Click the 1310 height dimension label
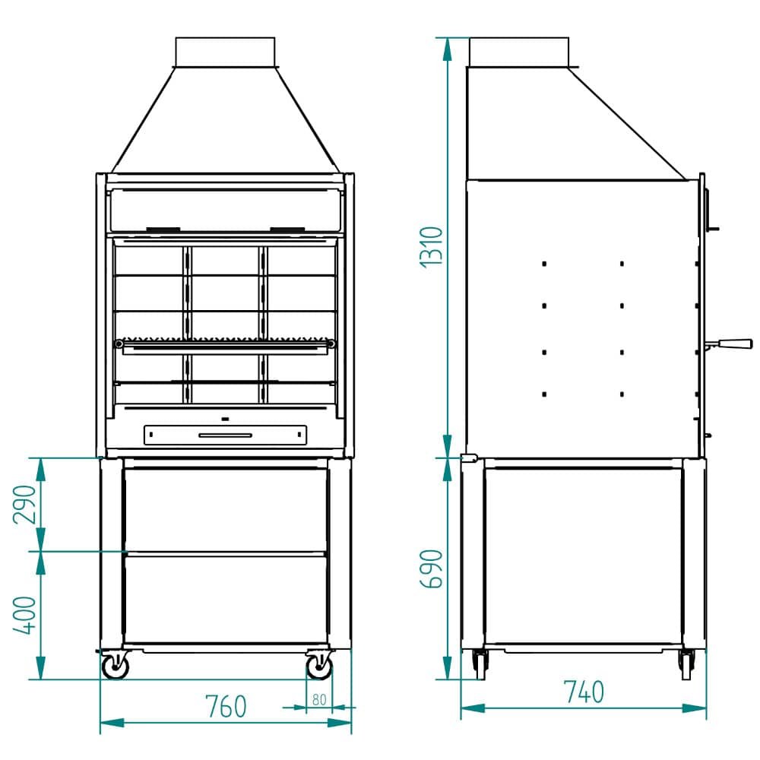432,247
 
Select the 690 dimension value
432,569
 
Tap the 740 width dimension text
584,692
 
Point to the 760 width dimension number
226,706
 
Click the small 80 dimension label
319,700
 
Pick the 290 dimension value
25,505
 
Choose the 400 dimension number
25,615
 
